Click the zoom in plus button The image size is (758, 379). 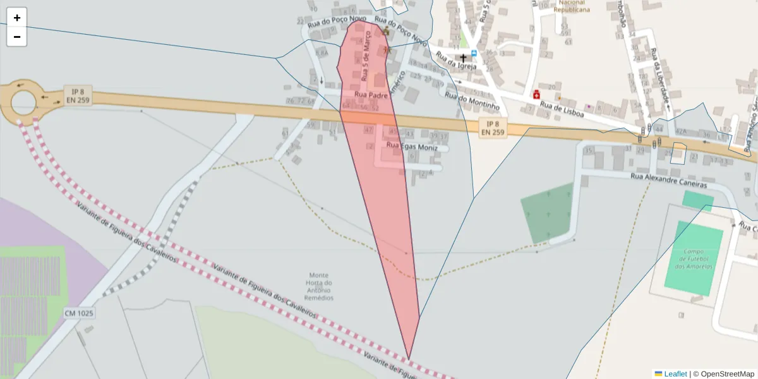[17, 18]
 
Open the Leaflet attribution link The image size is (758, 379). [675, 374]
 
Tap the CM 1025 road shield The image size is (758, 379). [78, 313]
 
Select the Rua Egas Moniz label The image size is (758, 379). [412, 147]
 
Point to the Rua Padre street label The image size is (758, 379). [370, 95]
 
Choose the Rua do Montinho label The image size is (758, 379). [472, 101]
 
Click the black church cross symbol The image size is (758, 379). [463, 57]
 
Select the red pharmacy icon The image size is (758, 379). [536, 95]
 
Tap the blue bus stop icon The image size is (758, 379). [474, 54]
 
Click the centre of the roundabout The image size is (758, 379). [23, 101]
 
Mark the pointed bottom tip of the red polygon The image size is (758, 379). [409, 359]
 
